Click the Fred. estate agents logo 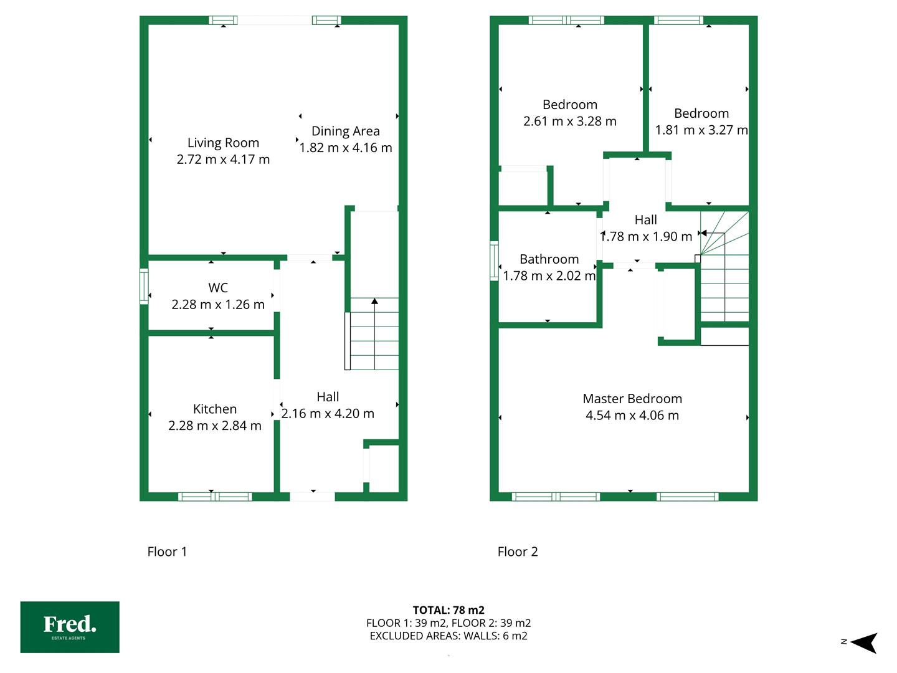click(70, 627)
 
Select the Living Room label click(223, 143)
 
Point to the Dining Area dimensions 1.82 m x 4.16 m click(346, 148)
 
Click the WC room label click(218, 288)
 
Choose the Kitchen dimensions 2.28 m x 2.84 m click(215, 426)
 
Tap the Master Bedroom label click(632, 398)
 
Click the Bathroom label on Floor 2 click(549, 259)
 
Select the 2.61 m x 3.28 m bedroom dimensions click(570, 122)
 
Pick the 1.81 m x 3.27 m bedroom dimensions click(701, 130)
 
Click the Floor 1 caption click(167, 551)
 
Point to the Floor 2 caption click(518, 551)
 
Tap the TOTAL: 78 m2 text click(448, 610)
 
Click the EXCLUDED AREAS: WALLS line click(448, 636)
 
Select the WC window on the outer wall click(144, 287)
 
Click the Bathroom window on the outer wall click(494, 261)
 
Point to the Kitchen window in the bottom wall click(215, 497)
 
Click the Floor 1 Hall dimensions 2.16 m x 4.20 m click(328, 414)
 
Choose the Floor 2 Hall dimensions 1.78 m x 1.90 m click(646, 237)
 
